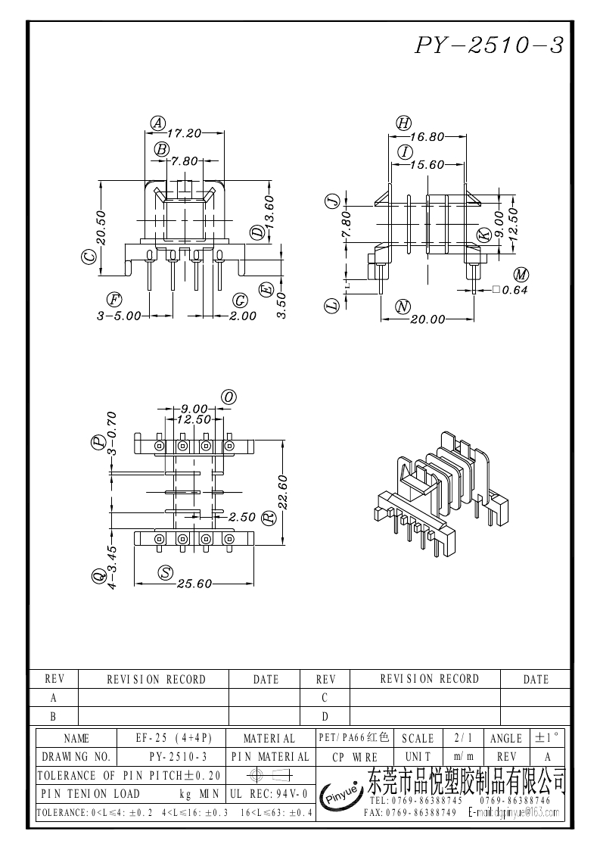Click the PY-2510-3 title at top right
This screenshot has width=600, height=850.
click(x=489, y=45)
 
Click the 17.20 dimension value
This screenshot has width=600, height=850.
click(x=184, y=132)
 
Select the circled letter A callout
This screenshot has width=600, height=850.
click(x=157, y=123)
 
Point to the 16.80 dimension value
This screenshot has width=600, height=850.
click(x=427, y=137)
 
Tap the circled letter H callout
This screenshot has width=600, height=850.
click(x=403, y=123)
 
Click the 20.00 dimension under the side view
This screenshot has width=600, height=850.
click(x=427, y=319)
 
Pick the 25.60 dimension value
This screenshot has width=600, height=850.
click(x=194, y=584)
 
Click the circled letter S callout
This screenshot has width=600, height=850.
click(x=166, y=573)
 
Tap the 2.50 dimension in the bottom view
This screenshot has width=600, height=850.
click(x=241, y=518)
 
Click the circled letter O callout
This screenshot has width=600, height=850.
click(x=228, y=397)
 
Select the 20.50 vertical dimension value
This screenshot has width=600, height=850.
click(x=102, y=227)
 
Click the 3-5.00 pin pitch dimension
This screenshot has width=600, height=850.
click(x=119, y=316)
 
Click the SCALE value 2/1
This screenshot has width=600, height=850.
click(x=459, y=738)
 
